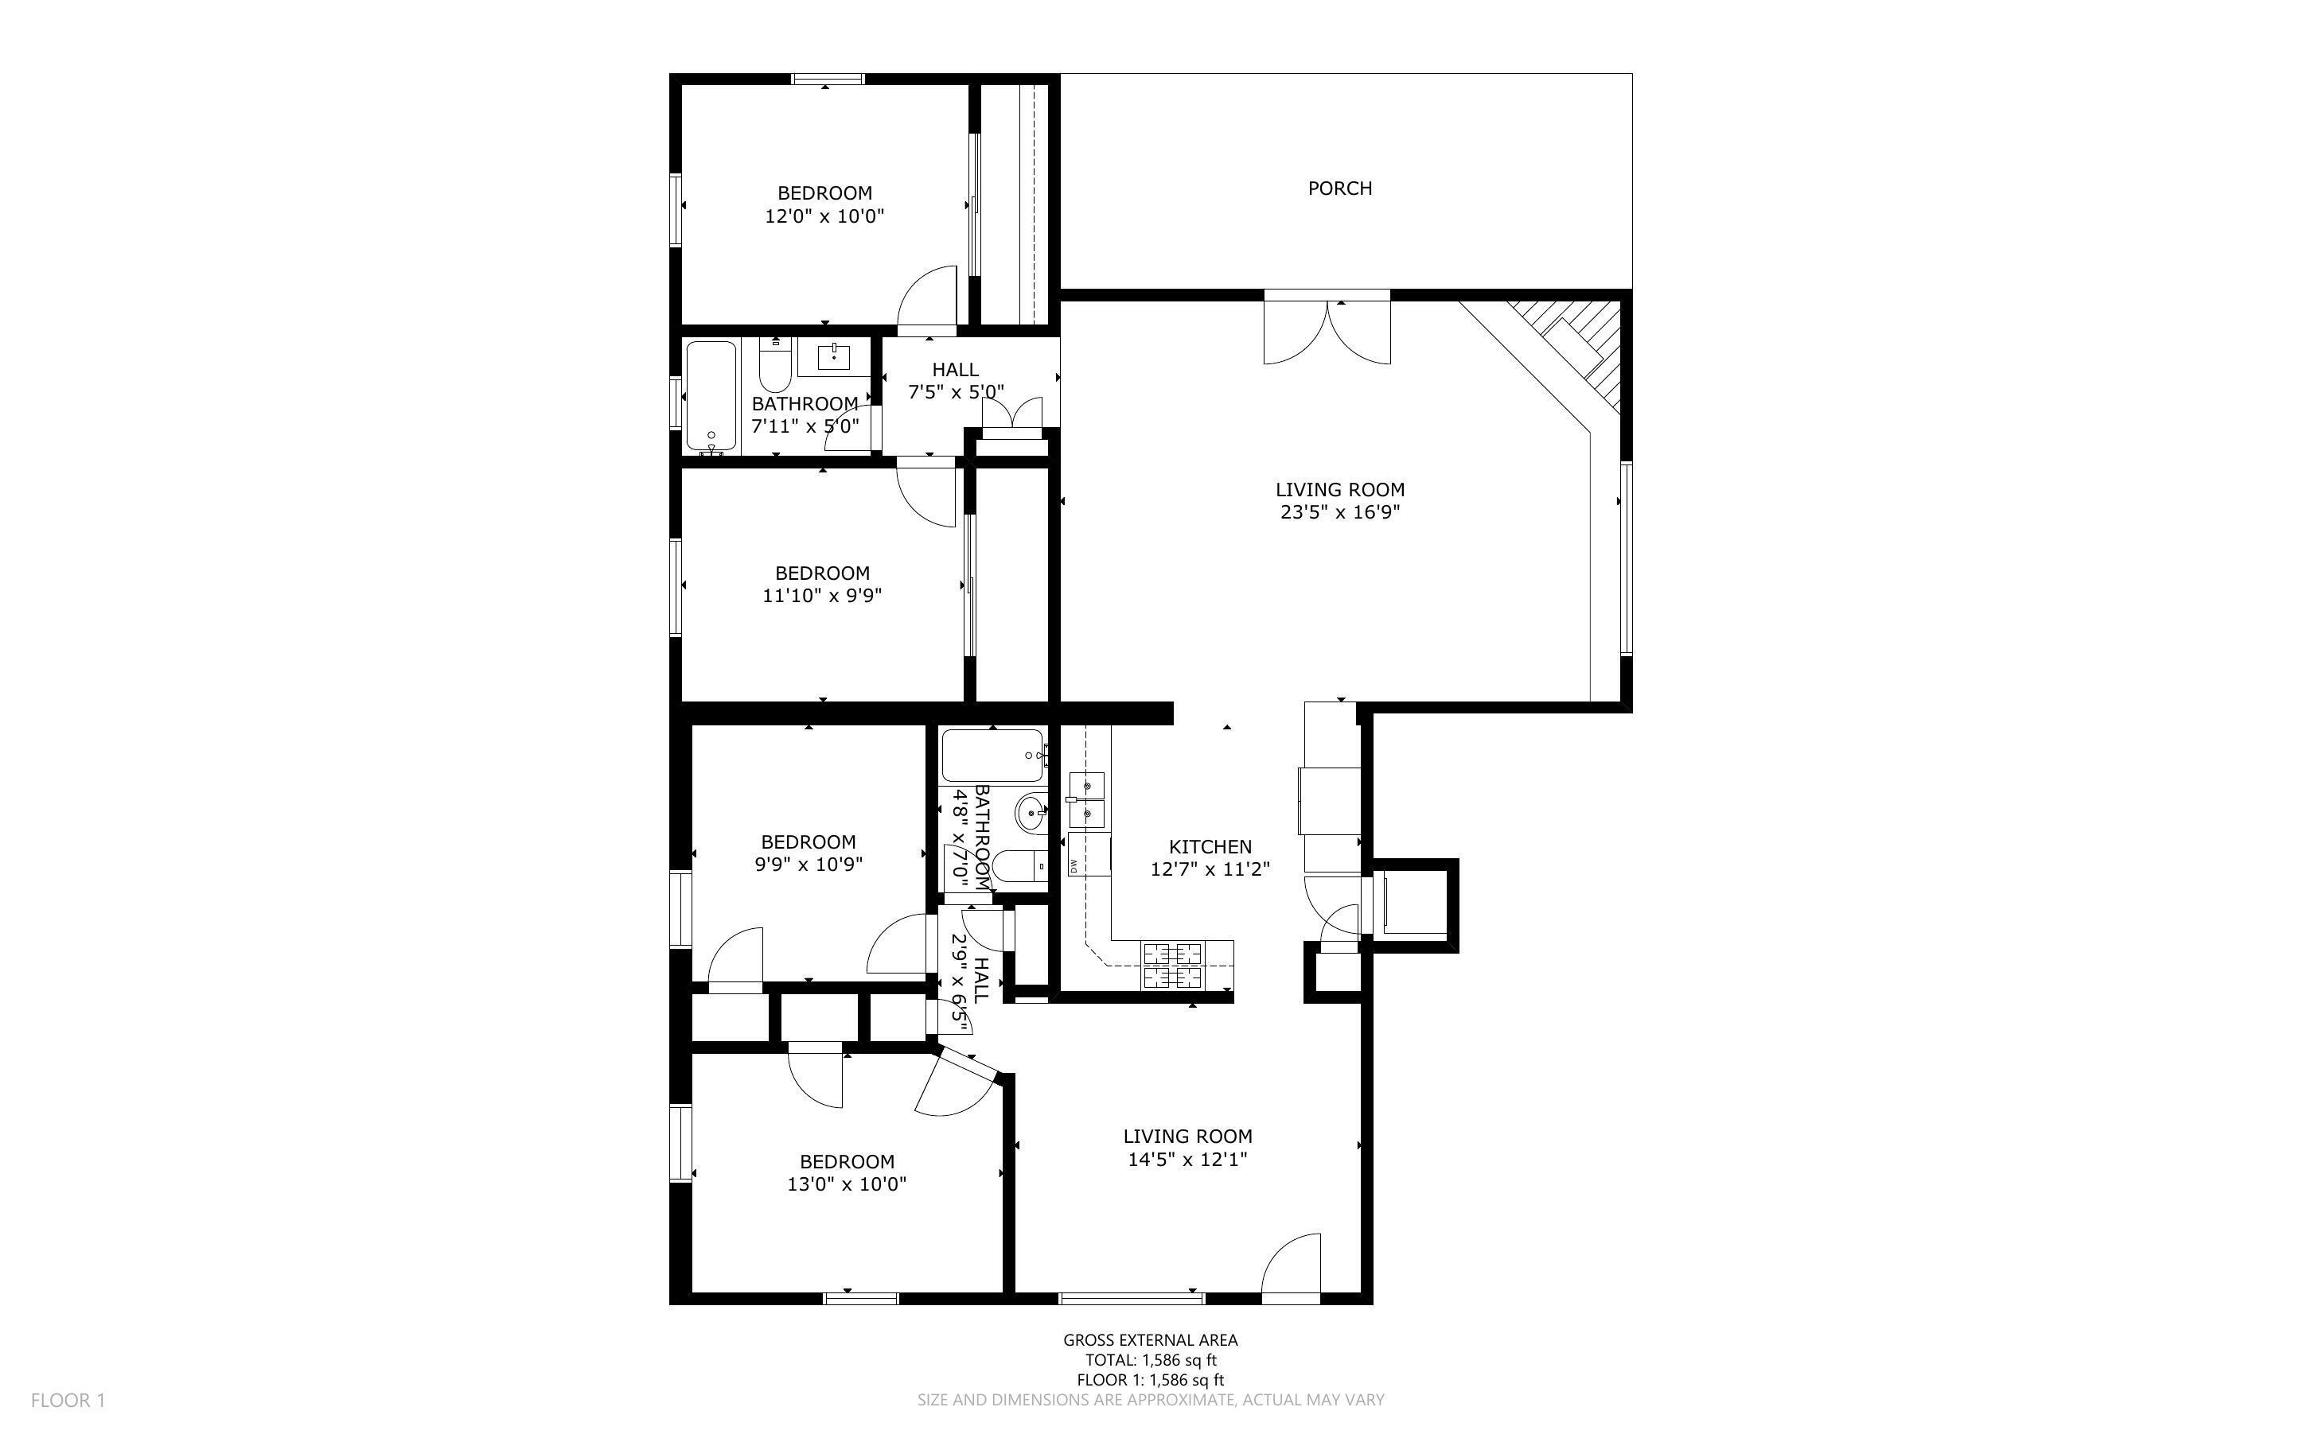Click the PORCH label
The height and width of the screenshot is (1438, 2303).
[1339, 188]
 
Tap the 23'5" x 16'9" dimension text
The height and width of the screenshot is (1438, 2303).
[1339, 513]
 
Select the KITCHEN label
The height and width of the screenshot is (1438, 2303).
[1210, 846]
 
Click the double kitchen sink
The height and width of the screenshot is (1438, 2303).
[1086, 800]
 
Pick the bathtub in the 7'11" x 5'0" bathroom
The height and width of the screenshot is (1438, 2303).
[711, 395]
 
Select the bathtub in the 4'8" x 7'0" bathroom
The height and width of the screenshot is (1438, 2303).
[994, 755]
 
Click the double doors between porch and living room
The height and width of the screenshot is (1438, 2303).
[1327, 328]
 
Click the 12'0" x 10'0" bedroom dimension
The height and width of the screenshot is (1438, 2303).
[824, 216]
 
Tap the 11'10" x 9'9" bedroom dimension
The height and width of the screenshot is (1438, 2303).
[822, 597]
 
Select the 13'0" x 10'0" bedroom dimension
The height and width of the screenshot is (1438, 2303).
[847, 1184]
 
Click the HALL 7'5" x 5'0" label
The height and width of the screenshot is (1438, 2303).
[955, 380]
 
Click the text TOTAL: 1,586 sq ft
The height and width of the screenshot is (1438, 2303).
[1151, 1360]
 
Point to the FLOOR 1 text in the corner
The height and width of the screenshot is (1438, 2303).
[68, 1400]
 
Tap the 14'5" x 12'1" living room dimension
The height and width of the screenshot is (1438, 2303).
[1187, 1160]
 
